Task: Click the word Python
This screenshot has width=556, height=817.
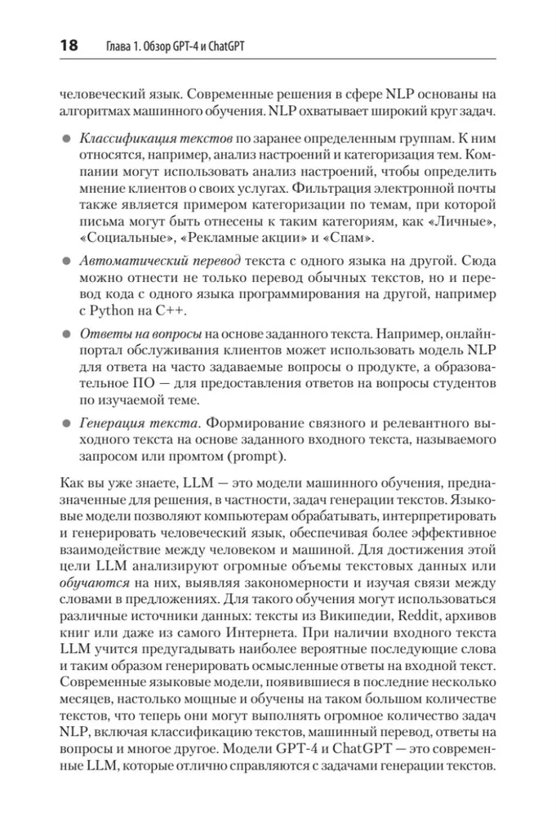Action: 108,315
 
